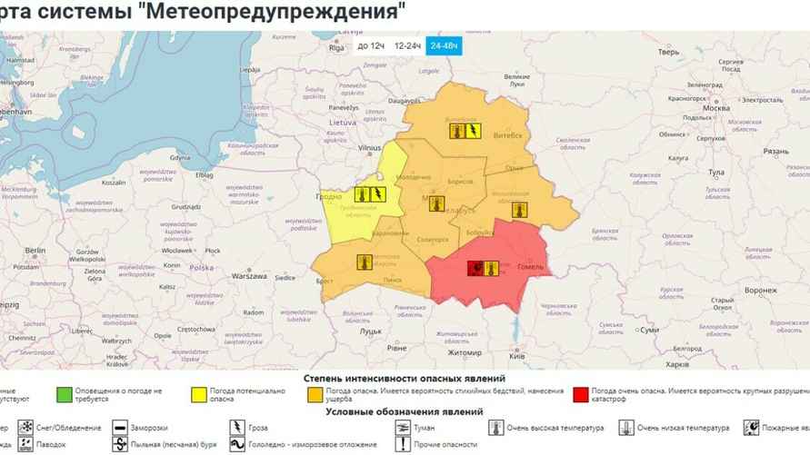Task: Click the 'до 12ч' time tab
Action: click(371, 45)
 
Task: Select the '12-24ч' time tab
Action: click(407, 45)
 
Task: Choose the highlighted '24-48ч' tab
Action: click(445, 45)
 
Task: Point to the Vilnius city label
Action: click(369, 146)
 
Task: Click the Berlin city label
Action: click(35, 250)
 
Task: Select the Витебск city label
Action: click(509, 134)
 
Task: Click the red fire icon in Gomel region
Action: click(475, 268)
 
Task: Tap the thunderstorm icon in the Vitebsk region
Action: click(475, 131)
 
